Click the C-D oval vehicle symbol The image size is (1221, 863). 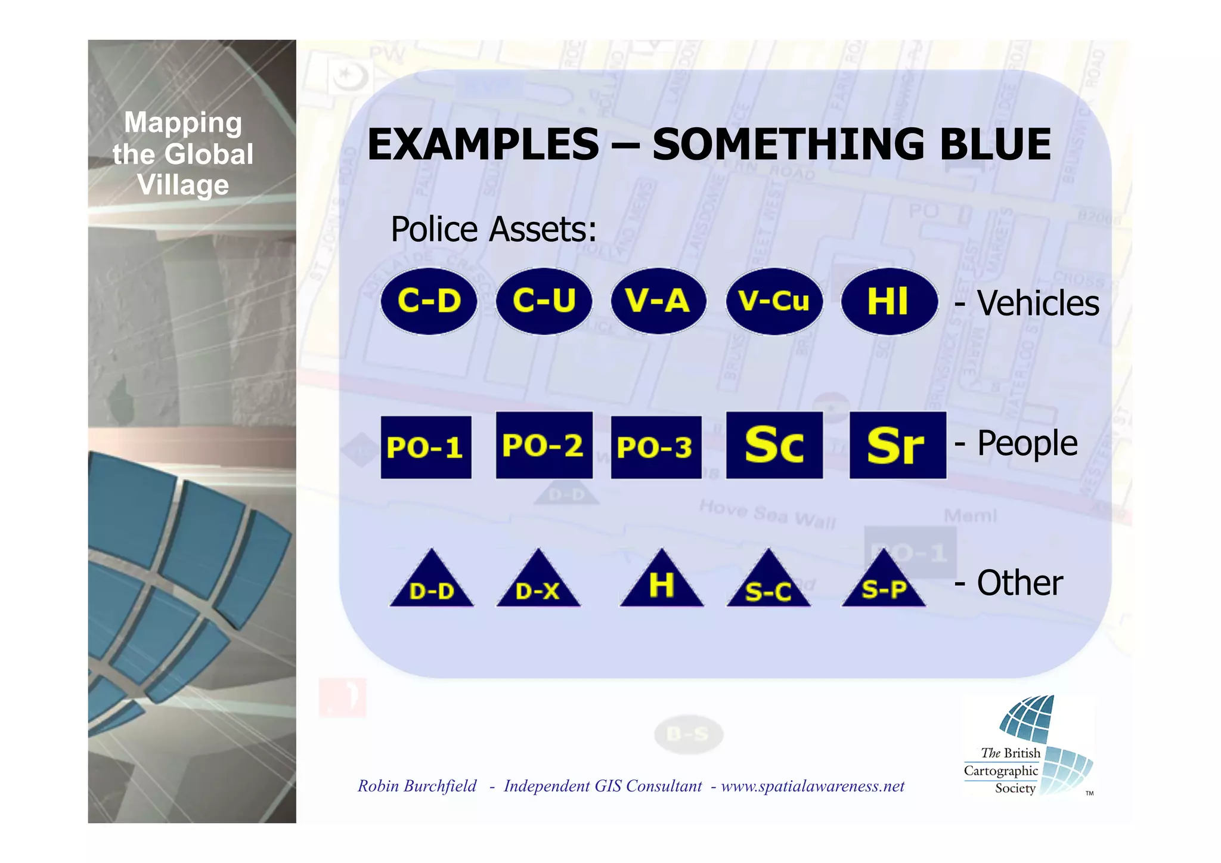pos(429,301)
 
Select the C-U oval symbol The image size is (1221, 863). pos(544,301)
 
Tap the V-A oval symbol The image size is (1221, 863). pos(658,301)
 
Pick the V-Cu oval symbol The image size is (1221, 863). pos(774,301)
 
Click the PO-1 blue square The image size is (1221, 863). pos(426,447)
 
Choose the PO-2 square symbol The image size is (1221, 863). pos(544,445)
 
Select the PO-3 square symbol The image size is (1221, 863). pos(656,447)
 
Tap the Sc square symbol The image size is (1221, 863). pos(774,445)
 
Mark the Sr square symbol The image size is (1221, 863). pos(897,445)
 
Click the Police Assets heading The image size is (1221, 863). pos(493,230)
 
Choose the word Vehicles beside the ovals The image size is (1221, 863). pos(1037,303)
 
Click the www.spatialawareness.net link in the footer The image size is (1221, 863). pos(812,786)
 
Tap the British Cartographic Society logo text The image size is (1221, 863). pos(1008,771)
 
